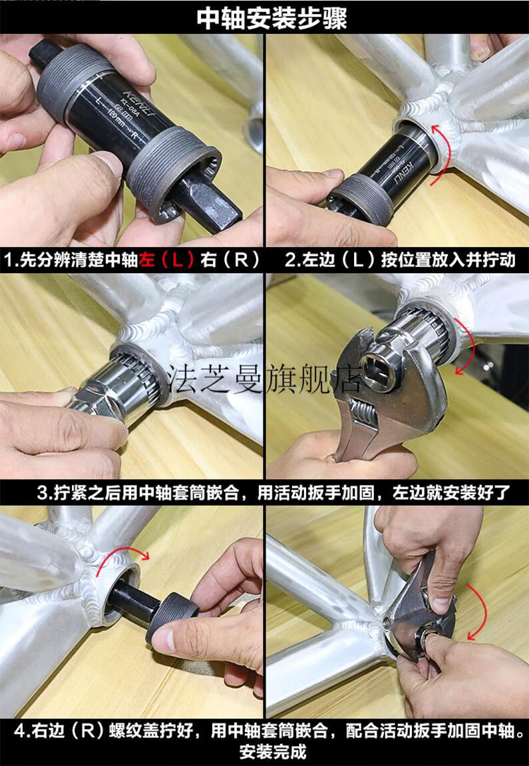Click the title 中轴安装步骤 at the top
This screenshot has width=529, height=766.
click(271, 18)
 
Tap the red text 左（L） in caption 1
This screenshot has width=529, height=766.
click(167, 260)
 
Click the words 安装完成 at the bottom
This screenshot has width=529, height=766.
click(273, 752)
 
